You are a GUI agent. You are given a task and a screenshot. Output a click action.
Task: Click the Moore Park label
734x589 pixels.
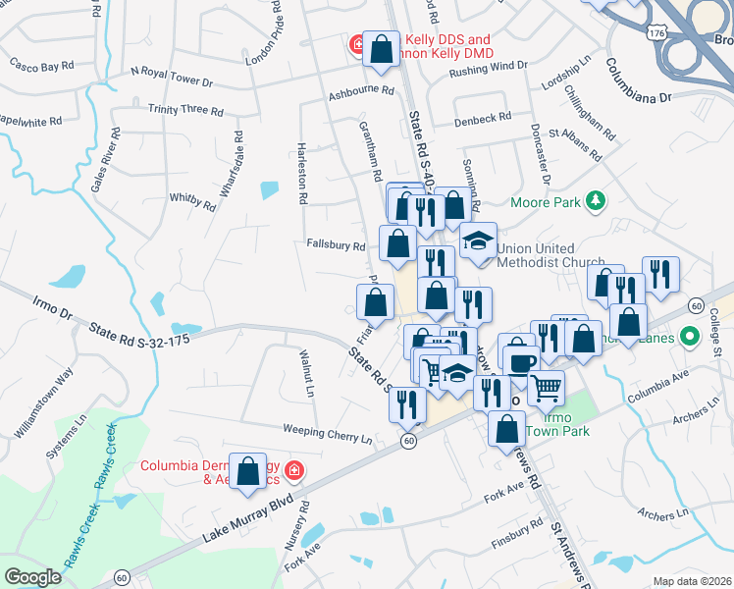[x=547, y=203]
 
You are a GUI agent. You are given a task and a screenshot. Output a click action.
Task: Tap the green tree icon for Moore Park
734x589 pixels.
[x=594, y=201]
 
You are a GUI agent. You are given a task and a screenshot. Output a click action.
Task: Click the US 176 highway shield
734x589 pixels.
[x=656, y=33]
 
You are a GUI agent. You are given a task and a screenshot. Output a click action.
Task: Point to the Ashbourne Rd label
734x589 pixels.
[x=360, y=90]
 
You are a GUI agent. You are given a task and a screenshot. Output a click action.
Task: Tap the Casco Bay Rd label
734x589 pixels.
[x=41, y=66]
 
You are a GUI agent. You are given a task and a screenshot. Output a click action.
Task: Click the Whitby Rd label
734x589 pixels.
[x=192, y=201]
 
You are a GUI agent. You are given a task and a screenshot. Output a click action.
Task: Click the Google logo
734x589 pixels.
[x=32, y=577]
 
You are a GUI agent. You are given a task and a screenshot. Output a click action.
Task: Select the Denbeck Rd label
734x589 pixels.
[x=483, y=118]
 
